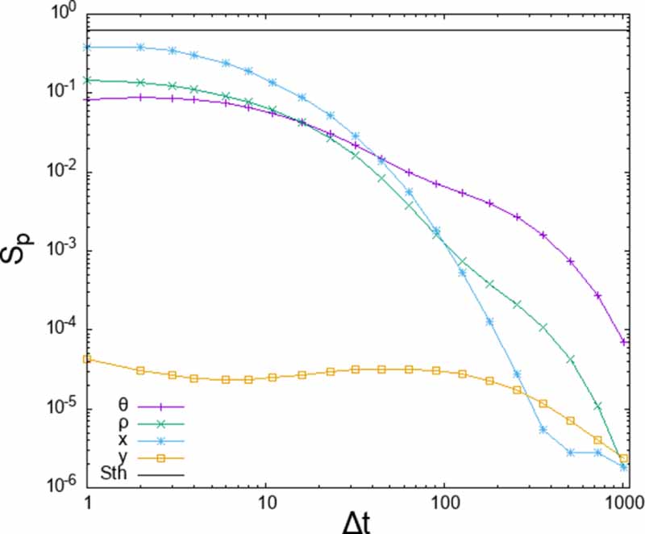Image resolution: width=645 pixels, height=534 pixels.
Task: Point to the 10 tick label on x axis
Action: click(267, 500)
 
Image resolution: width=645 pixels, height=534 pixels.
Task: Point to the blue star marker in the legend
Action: click(162, 439)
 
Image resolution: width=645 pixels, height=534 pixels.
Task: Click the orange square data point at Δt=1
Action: click(88, 359)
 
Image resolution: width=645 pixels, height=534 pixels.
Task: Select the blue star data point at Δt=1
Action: click(88, 47)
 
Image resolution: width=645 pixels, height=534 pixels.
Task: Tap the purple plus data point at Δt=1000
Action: click(623, 342)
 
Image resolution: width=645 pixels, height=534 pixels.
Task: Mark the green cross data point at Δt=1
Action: click(88, 80)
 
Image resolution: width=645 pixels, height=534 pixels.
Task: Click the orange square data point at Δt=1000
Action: click(623, 458)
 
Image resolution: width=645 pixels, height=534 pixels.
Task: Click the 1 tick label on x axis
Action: click(88, 500)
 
